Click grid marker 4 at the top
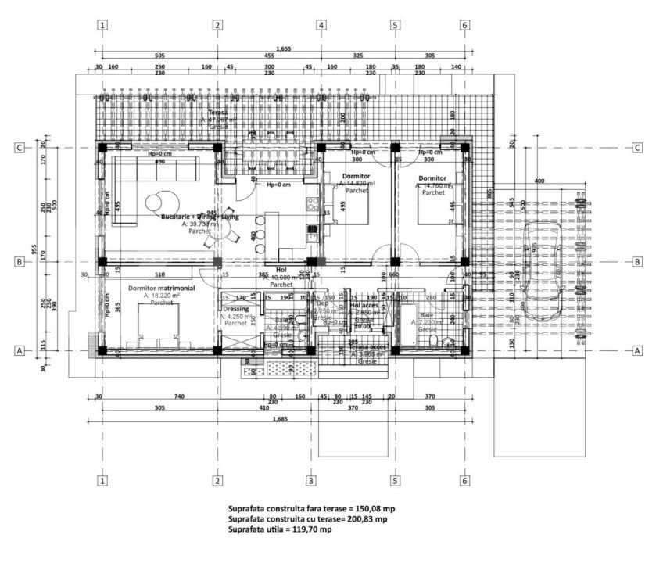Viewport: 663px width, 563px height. coord(321,24)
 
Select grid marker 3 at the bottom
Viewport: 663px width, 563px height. coord(310,479)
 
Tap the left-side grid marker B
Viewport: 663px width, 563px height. coord(19,262)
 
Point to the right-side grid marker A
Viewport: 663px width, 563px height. coord(637,351)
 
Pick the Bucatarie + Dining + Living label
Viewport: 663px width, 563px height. coord(200,216)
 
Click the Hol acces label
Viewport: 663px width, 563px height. coord(364,306)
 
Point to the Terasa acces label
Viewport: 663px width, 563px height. coord(367,346)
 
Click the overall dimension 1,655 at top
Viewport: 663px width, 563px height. coord(283,48)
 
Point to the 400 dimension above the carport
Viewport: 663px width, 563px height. coord(539,181)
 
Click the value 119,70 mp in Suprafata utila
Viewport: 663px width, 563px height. coord(311,529)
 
